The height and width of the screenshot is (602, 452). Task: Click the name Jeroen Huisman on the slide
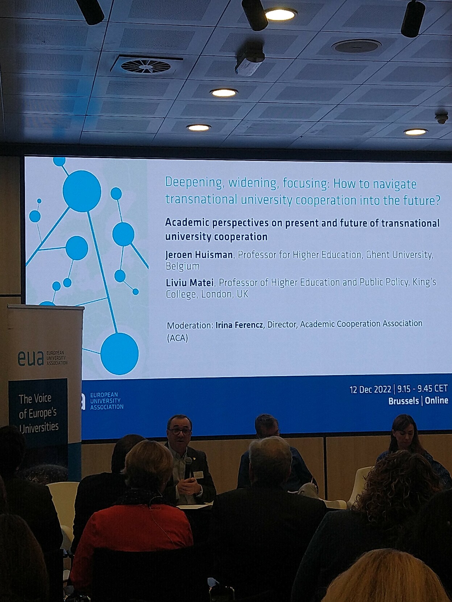(x=199, y=255)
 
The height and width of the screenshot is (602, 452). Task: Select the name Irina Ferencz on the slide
(x=240, y=325)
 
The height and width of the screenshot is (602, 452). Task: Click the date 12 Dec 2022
(x=370, y=390)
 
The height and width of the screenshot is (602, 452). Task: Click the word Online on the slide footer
(x=437, y=400)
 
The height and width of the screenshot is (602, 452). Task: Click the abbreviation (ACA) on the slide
(x=177, y=338)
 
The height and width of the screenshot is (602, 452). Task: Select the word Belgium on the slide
(x=183, y=266)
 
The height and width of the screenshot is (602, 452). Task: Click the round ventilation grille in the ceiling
(x=146, y=66)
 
